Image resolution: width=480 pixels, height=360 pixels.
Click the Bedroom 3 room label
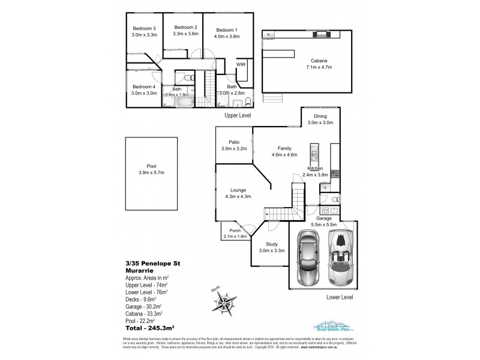[143, 28]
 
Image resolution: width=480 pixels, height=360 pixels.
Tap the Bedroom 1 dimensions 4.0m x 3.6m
[227, 37]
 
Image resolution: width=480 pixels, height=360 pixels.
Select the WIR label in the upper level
[241, 64]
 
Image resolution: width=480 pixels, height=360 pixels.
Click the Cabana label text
[319, 60]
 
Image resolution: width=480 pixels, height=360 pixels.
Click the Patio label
[234, 142]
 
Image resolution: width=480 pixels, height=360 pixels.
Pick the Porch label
[235, 230]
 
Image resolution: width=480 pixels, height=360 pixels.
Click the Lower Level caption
[339, 296]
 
